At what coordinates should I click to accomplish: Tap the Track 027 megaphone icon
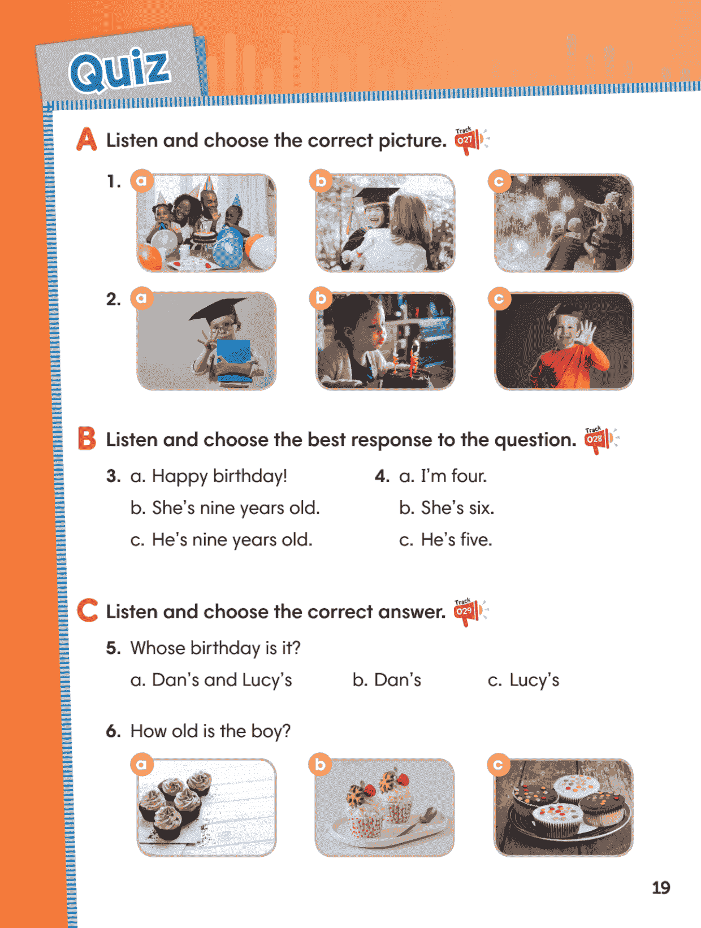pyautogui.click(x=471, y=141)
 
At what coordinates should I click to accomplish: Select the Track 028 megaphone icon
pyautogui.click(x=601, y=440)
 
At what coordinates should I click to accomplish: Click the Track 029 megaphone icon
pyautogui.click(x=470, y=612)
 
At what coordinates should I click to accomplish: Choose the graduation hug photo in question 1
pyautogui.click(x=385, y=223)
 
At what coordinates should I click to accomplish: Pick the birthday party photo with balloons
pyautogui.click(x=206, y=223)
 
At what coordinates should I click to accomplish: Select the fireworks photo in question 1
pyautogui.click(x=564, y=223)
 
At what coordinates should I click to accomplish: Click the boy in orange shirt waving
pyautogui.click(x=564, y=341)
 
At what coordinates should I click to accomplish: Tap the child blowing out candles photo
pyautogui.click(x=385, y=341)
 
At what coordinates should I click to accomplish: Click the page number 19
pyautogui.click(x=661, y=888)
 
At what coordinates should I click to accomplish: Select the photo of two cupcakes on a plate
pyautogui.click(x=385, y=808)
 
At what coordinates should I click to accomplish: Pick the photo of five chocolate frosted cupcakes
pyautogui.click(x=206, y=808)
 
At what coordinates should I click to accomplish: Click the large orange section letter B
pyautogui.click(x=86, y=439)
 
